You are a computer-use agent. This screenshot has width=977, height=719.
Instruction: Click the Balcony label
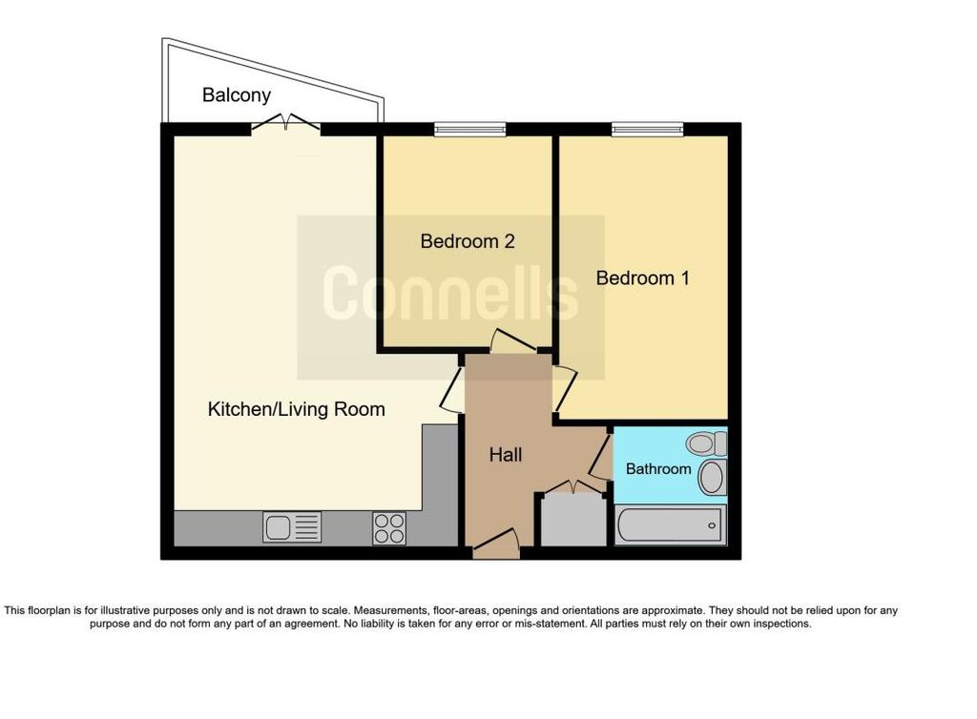click(237, 95)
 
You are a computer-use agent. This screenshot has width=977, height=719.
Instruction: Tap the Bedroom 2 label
click(468, 241)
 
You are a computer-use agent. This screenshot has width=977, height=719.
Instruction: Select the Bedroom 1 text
click(642, 277)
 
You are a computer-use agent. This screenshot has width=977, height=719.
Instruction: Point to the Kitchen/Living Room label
click(296, 409)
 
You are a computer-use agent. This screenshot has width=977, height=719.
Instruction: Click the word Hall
click(506, 455)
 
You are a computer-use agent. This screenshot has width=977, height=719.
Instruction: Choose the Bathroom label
click(658, 469)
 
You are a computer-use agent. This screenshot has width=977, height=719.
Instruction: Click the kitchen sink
click(292, 527)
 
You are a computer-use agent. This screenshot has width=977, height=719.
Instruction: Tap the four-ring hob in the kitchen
click(389, 528)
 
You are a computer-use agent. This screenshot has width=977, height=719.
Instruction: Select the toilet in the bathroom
click(706, 443)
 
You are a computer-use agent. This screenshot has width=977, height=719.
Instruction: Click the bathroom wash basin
click(712, 478)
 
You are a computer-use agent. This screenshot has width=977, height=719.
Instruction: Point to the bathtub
click(671, 524)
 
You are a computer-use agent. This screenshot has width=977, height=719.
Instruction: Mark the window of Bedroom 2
click(469, 130)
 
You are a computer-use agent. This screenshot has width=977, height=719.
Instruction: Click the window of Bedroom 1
click(648, 130)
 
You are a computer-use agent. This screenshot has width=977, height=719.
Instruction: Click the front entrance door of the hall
click(496, 544)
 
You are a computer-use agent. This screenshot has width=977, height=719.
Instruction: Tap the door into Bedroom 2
click(512, 341)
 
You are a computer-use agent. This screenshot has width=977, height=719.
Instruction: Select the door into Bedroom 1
click(565, 389)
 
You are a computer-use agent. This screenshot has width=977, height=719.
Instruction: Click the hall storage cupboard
click(573, 516)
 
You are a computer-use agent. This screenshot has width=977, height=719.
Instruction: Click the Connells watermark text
click(450, 293)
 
